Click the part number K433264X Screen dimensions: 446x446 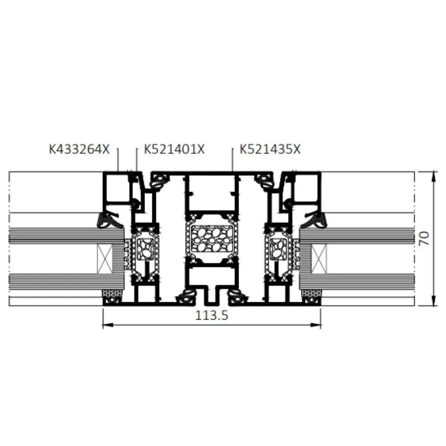point(79,149)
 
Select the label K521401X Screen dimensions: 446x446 point(174,149)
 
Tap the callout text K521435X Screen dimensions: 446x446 point(270,149)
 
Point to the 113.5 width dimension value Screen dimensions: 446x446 point(211,315)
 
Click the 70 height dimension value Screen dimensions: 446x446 point(424,238)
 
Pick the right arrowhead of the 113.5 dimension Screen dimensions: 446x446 point(316,325)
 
